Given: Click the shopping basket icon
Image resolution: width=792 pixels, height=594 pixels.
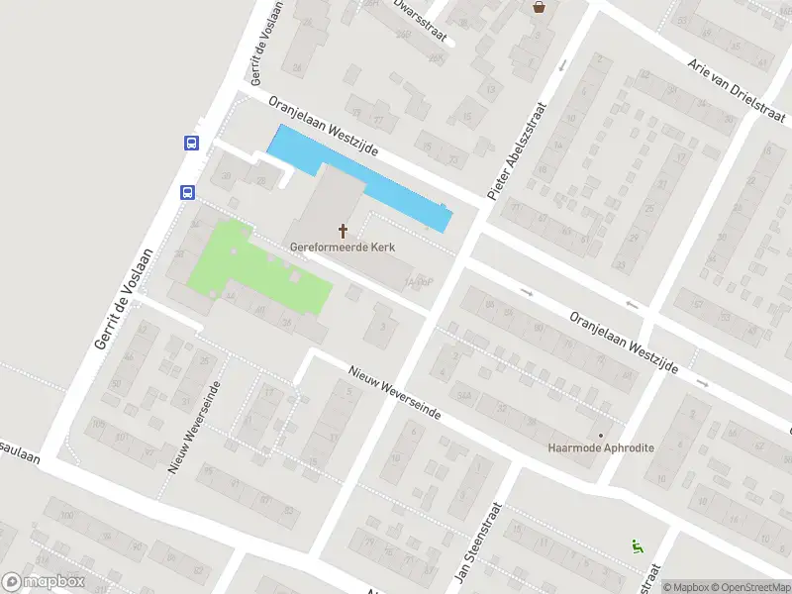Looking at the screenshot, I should pyautogui.click(x=539, y=7).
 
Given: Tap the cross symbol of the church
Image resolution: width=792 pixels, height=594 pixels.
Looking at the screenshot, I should pyautogui.click(x=344, y=231).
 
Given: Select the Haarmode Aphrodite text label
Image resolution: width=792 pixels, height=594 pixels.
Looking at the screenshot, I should pyautogui.click(x=601, y=447).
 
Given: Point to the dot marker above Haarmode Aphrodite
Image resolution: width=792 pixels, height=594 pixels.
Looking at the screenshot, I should pyautogui.click(x=600, y=434).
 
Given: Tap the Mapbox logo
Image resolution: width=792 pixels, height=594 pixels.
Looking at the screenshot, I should pyautogui.click(x=44, y=582).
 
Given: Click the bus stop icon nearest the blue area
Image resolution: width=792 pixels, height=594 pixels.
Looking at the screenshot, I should pyautogui.click(x=191, y=143).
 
